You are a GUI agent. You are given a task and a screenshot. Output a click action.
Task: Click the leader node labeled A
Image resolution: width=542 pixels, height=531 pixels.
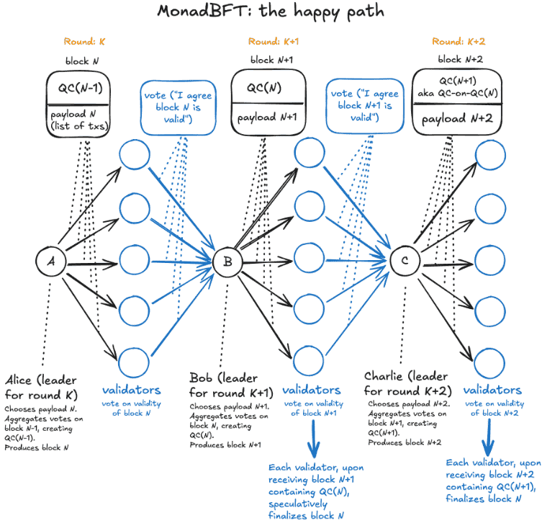tap(51, 262)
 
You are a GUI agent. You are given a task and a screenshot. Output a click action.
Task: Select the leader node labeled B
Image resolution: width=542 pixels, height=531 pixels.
tap(227, 262)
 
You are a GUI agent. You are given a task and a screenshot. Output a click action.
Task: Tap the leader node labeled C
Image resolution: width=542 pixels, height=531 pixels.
tap(405, 261)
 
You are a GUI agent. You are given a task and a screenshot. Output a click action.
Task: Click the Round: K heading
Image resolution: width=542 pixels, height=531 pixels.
tap(84, 42)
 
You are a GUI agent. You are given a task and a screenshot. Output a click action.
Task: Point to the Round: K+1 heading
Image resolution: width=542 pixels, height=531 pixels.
tap(274, 42)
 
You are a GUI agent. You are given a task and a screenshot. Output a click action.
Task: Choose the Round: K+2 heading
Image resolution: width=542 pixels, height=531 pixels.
tap(459, 42)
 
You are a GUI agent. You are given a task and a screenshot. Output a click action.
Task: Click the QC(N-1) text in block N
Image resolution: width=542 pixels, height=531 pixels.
tap(80, 88)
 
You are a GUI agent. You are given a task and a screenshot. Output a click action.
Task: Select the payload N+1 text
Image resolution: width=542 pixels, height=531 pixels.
tap(267, 117)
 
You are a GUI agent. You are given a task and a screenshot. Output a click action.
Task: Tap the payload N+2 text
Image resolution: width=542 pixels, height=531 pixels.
tap(457, 119)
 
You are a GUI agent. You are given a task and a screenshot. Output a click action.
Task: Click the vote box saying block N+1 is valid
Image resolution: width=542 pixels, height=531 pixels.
tap(365, 106)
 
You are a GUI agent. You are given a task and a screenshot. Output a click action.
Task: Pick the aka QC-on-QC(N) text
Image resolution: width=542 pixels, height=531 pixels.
tap(458, 93)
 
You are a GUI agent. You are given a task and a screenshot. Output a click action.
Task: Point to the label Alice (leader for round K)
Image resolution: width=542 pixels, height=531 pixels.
tap(41, 388)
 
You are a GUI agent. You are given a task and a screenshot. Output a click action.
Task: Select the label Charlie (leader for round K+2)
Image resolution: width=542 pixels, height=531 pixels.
tap(408, 383)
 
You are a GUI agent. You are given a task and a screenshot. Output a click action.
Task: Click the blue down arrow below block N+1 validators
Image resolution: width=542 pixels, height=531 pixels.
tap(314, 438)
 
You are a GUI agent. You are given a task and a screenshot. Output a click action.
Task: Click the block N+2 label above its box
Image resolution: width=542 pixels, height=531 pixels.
tap(461, 60)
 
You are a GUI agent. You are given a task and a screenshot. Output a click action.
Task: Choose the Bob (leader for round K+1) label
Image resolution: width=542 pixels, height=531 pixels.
tap(231, 385)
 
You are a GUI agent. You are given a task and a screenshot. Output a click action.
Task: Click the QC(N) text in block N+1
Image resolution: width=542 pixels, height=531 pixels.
tap(264, 87)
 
